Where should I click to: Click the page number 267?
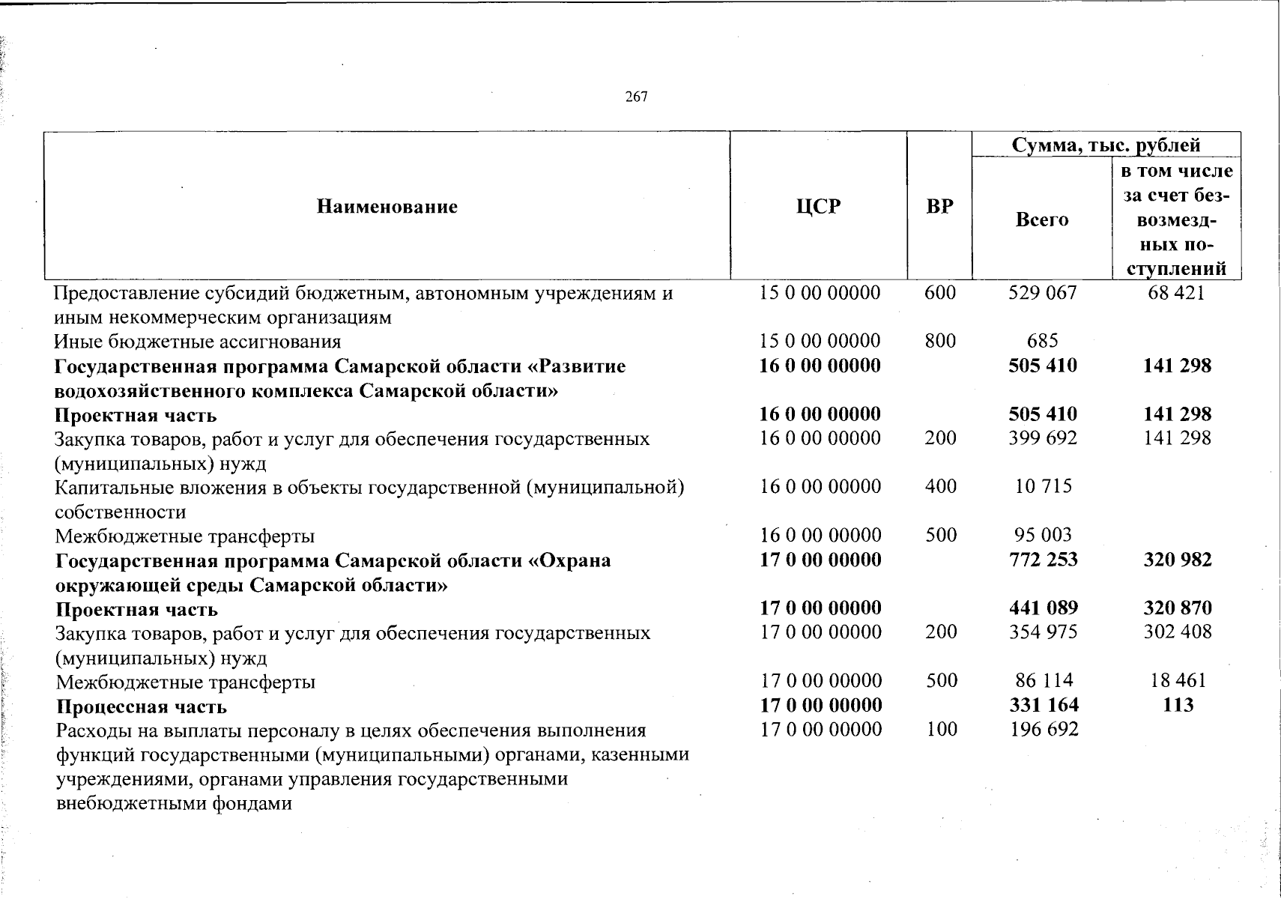(x=636, y=97)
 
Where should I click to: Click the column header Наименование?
(x=387, y=206)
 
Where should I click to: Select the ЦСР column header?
(x=818, y=206)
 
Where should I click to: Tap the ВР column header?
(x=939, y=206)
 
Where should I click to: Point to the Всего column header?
(x=1041, y=220)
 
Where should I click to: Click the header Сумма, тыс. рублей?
(x=1106, y=145)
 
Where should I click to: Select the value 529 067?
(x=1042, y=293)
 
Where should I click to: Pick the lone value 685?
(x=1042, y=342)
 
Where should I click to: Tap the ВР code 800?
(x=940, y=342)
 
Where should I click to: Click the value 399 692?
(x=1042, y=438)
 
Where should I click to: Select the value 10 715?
(x=1043, y=487)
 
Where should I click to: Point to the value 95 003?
(x=1043, y=536)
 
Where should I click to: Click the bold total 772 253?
(x=1043, y=560)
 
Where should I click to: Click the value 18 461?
(x=1178, y=681)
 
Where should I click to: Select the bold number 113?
(x=1178, y=705)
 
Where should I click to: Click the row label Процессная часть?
(x=141, y=706)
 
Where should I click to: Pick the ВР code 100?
(x=941, y=730)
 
